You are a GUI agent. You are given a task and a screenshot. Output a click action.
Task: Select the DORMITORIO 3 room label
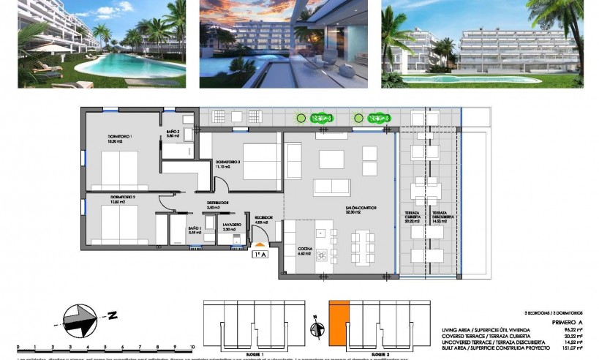tap(227, 162)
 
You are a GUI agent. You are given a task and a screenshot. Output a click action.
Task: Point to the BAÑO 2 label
tap(173, 132)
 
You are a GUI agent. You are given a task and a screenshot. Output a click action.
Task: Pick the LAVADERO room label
tap(232, 224)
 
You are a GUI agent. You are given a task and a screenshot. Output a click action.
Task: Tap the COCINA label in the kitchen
tap(305, 250)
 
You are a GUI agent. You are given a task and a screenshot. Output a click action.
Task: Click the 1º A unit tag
tap(260, 255)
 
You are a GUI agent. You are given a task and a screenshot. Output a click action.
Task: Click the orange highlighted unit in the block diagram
tap(336, 320)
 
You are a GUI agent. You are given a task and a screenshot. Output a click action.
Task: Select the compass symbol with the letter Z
tap(82, 318)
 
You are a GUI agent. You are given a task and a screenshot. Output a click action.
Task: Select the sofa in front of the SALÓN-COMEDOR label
tap(331, 187)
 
